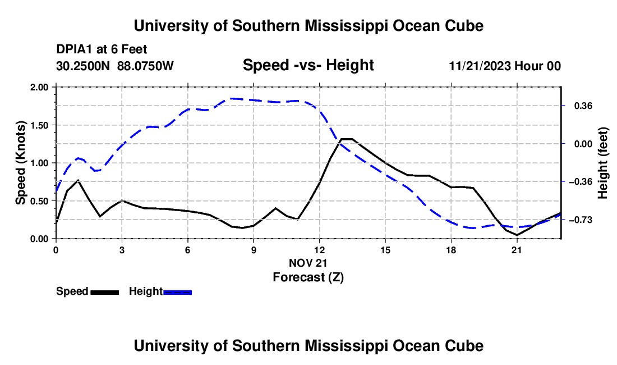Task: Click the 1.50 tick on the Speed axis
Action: pos(39,125)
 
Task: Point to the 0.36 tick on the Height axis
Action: pos(583,106)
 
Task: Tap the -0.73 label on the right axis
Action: pos(581,220)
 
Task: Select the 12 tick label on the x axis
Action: pos(320,250)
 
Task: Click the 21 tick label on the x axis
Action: pos(517,250)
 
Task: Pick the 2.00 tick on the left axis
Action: pos(39,87)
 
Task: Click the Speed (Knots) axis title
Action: pos(20,163)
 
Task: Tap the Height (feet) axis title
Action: pos(603,163)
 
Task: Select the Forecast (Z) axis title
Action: pos(308,277)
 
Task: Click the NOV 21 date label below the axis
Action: pos(308,263)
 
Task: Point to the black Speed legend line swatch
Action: pos(105,293)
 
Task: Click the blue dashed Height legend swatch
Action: pos(177,293)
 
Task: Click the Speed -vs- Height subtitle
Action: pos(308,65)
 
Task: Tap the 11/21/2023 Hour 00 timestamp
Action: pos(505,66)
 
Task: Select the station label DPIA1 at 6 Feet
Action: pos(102,49)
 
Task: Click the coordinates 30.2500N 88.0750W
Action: pos(115,66)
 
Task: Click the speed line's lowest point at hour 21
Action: pos(517,235)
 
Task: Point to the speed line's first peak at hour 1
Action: pos(79,180)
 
